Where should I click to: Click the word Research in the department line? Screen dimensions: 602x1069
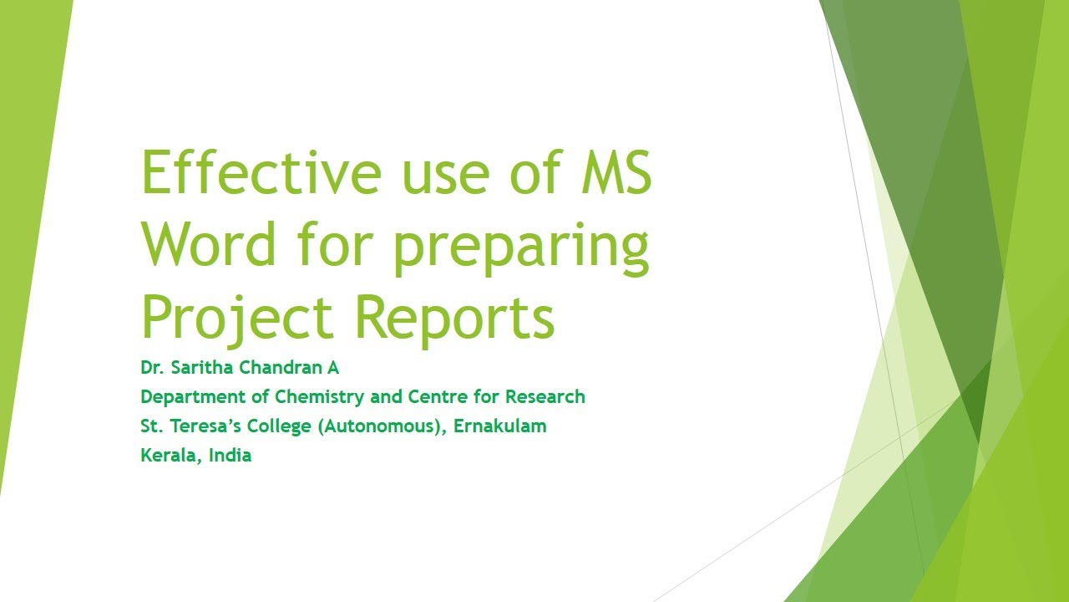click(x=545, y=396)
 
